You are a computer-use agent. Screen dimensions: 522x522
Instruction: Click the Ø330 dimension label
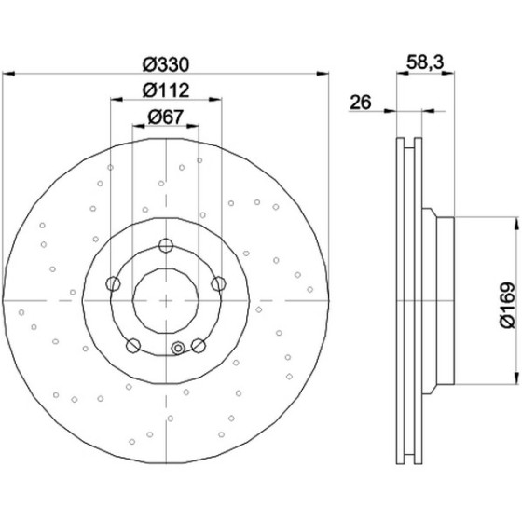coord(166,64)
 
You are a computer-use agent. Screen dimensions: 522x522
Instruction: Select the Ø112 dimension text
coord(166,90)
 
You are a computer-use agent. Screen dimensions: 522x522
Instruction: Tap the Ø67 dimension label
coord(166,117)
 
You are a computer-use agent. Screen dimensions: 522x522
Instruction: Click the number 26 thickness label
coord(360,103)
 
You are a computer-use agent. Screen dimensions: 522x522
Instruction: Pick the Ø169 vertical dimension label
coord(507,306)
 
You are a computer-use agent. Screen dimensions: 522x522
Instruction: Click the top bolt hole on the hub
coord(166,246)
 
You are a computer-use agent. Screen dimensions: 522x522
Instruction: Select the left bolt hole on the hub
coord(113,283)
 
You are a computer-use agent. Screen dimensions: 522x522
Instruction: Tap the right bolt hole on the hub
coord(219,283)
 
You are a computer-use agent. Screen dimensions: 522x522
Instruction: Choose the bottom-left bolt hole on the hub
coord(133,345)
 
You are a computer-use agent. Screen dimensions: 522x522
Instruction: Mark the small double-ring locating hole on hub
coord(178,349)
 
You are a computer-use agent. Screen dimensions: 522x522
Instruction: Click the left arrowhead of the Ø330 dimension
coord(8,74)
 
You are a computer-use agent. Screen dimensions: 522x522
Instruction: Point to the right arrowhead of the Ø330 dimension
coord(323,74)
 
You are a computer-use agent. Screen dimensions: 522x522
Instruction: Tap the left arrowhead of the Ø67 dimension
coord(139,126)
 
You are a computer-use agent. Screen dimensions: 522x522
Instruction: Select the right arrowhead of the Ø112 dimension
coord(214,99)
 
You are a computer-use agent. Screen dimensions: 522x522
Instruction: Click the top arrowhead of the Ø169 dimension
coord(516,224)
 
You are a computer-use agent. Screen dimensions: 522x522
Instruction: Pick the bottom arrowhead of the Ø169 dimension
coord(516,378)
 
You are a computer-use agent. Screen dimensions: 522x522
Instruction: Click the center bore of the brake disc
coord(166,300)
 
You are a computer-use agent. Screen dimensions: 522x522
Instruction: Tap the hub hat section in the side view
coord(438,301)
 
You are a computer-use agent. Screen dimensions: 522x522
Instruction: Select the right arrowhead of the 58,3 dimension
coord(448,74)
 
